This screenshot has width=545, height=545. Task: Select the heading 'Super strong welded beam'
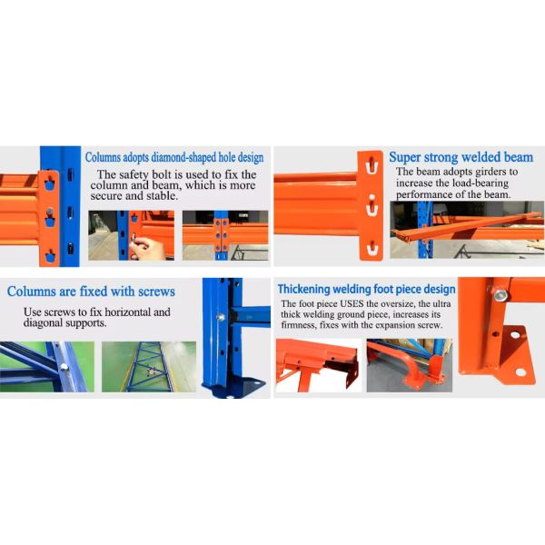point(461,157)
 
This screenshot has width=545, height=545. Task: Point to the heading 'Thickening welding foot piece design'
point(366,289)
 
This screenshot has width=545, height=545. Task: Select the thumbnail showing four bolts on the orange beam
point(225,234)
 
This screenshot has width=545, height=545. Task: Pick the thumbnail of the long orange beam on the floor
point(467,231)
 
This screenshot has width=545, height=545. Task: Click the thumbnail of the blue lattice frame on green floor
point(148,366)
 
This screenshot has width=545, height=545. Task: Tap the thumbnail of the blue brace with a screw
point(45,366)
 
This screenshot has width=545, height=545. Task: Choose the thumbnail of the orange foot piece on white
point(316,365)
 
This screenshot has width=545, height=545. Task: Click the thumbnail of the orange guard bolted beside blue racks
point(409,365)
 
